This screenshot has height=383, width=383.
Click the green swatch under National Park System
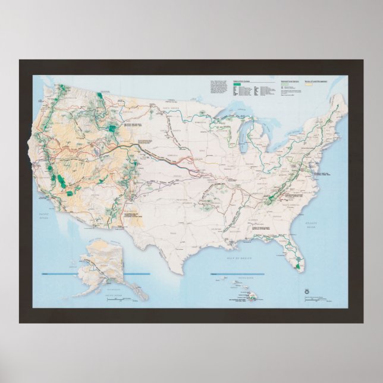237,86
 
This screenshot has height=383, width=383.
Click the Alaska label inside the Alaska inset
106,256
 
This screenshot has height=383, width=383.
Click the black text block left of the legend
218,86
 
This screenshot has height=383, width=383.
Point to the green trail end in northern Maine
337,106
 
